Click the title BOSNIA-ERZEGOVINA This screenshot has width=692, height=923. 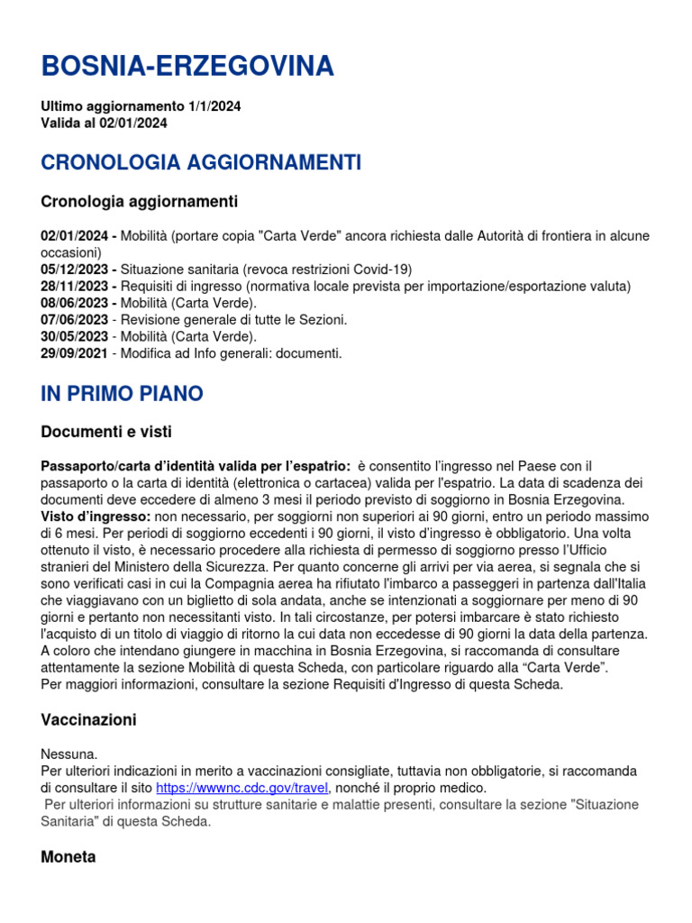coord(187,66)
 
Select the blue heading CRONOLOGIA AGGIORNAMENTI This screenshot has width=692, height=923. coord(201,163)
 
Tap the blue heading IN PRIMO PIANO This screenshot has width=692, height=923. coord(122,394)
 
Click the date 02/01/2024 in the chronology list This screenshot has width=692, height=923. coord(76,236)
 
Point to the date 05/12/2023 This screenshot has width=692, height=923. coord(76,270)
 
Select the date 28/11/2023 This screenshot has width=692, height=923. coord(76,287)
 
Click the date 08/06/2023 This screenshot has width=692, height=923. coord(76,303)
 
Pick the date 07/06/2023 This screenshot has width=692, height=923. coord(76,320)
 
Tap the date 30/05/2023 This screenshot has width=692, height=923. coord(76,337)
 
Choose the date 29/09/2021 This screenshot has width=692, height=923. coord(76,354)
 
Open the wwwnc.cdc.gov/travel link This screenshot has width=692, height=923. coord(241,788)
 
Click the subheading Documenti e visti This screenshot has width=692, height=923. coord(106,432)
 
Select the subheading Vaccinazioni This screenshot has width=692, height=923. coord(88,720)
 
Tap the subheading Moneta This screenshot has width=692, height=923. coord(68,857)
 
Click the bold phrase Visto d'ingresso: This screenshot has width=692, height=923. coord(96,516)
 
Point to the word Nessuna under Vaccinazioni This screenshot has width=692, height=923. coord(69,754)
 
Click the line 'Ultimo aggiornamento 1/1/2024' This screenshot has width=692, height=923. coord(141,106)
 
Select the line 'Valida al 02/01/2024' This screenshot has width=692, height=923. coord(104,123)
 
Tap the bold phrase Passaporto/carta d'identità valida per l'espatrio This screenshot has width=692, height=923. coord(196,465)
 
